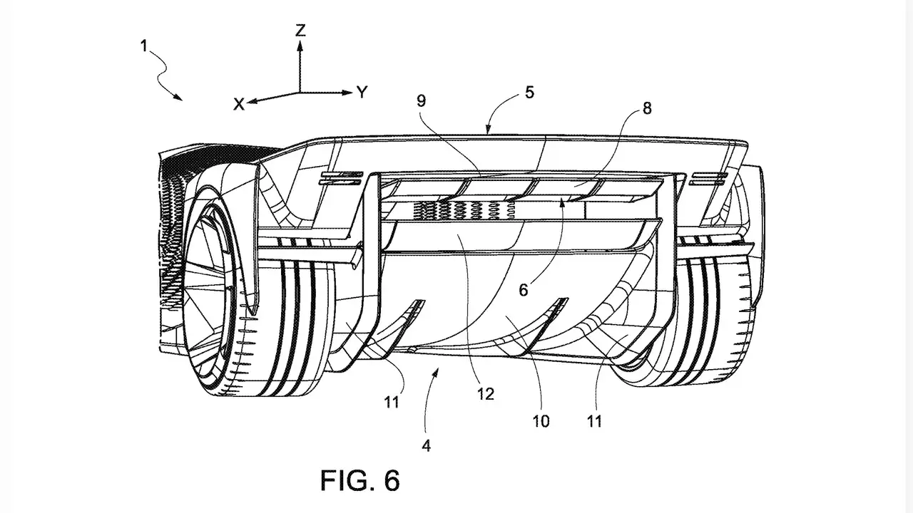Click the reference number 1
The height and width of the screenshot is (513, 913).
pos(143,46)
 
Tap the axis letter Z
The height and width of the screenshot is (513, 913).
pos(300,31)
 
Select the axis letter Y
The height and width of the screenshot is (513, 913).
pos(362,93)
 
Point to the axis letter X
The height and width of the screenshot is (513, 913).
pos(238,105)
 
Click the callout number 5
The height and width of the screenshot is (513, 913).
pos(529,93)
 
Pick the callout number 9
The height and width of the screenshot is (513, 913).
pos(421,100)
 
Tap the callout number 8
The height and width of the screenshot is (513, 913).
pos(647,108)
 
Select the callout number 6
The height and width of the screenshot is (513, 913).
pos(524,290)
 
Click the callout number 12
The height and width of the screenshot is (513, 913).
pos(486,394)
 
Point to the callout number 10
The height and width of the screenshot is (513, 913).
pos(541,421)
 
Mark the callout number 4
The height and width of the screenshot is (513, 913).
pos(427,446)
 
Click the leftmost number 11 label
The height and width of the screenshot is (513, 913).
pos(392,403)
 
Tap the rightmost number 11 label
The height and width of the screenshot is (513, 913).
pos(594,421)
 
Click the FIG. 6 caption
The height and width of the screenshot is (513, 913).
pos(360,480)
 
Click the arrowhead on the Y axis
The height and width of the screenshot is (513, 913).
pos(347,93)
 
